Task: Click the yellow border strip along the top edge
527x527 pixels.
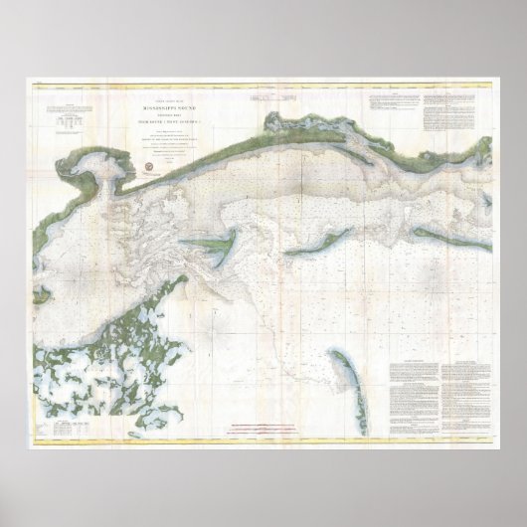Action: [x=263, y=85]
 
